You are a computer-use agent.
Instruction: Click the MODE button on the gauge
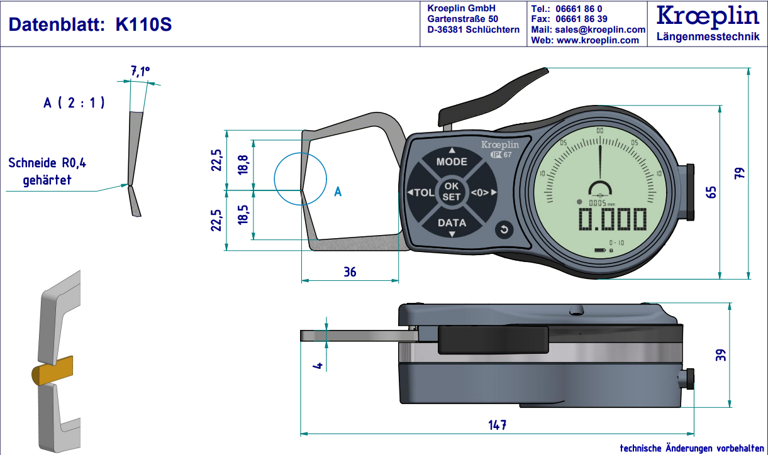(452, 162)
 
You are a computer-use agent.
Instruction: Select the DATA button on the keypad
(452, 223)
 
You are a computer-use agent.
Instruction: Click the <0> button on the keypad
(483, 192)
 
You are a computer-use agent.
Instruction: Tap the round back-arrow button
(503, 230)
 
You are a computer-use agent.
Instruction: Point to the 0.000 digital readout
(613, 220)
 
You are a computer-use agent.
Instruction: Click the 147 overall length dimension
(497, 425)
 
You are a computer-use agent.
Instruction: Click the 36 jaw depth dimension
(350, 271)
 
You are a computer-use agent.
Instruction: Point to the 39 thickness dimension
(721, 355)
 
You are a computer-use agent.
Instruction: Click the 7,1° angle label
(140, 72)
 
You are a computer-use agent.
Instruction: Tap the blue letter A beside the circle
(338, 192)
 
